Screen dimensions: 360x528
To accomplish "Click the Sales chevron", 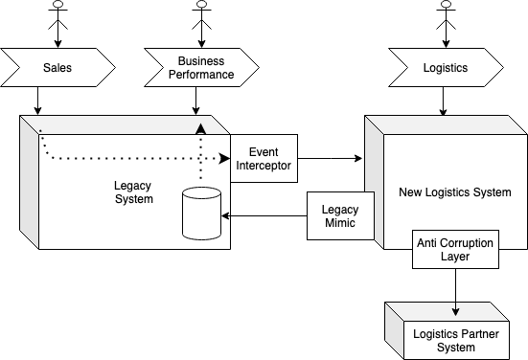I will pos(57,68).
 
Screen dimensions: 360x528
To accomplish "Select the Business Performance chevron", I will pos(201,68).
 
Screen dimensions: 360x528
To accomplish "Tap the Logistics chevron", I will pos(446,68).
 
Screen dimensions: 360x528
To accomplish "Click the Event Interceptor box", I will pos(264,159).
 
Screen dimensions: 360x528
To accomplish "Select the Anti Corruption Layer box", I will pos(455,250).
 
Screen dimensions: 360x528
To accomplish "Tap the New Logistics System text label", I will pos(454,192).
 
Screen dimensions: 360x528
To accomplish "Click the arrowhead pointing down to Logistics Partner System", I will pos(455,310).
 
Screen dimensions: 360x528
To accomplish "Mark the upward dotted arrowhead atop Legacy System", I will pos(200,127).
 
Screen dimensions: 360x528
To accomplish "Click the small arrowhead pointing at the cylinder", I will pos(223,216).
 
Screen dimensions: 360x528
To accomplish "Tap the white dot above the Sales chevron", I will pos(58,4).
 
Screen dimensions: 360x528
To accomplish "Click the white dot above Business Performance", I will pos(201,4).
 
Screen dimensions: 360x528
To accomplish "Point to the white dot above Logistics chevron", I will pos(446,4).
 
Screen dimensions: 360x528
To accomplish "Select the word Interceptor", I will pos(264,167).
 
